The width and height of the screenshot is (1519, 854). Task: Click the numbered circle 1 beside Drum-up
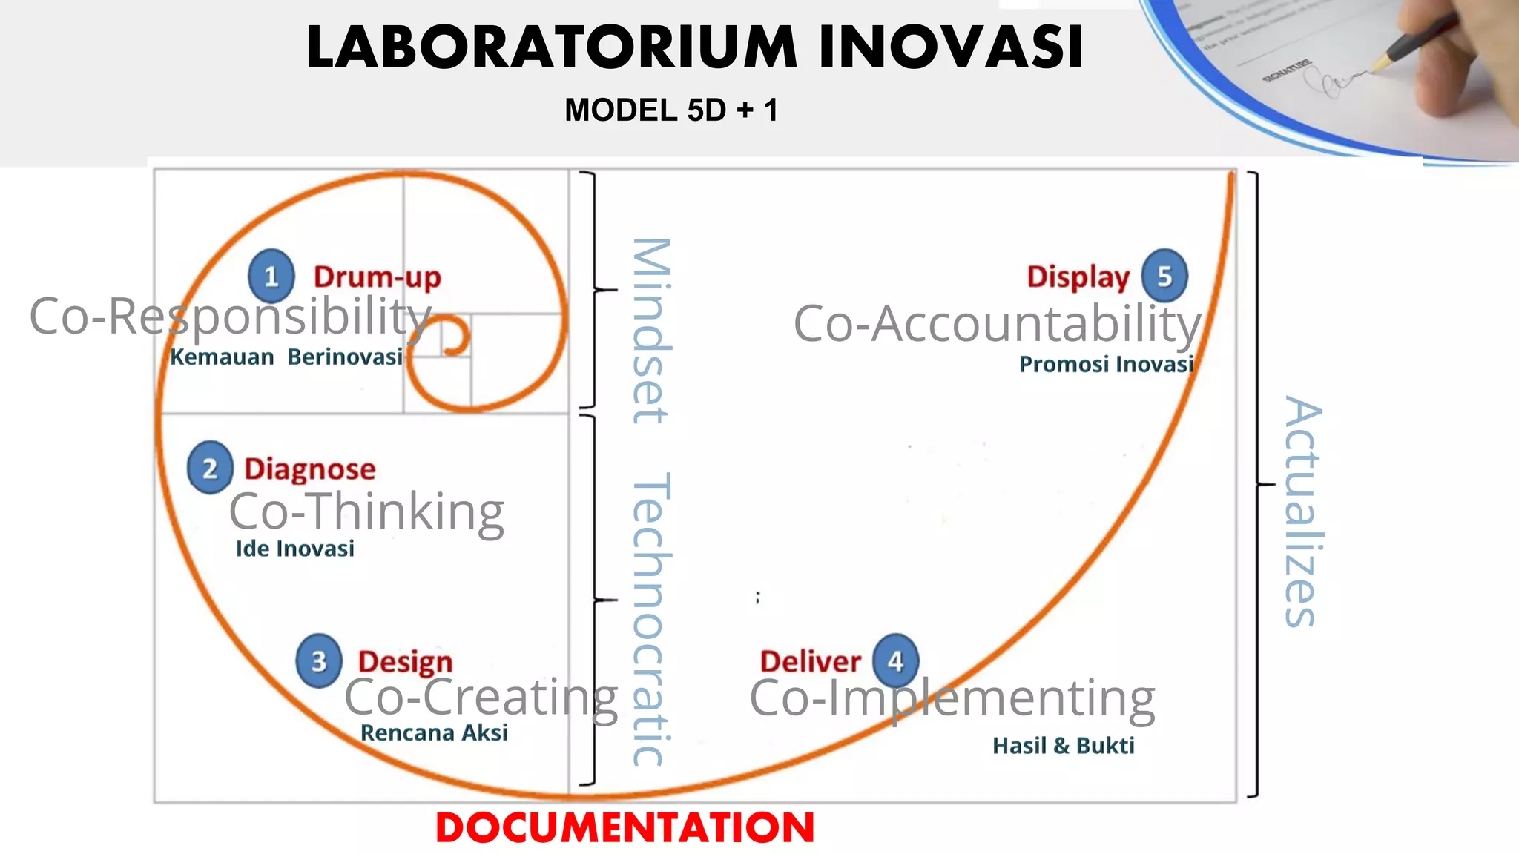pyautogui.click(x=271, y=276)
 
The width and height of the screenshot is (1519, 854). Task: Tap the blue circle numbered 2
pyautogui.click(x=210, y=468)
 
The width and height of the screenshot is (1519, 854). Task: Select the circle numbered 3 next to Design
pyautogui.click(x=319, y=661)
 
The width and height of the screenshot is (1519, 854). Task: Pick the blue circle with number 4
pyautogui.click(x=895, y=660)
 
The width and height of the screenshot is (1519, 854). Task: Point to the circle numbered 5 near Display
pyautogui.click(x=1164, y=276)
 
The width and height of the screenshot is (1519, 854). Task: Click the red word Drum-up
pyautogui.click(x=377, y=277)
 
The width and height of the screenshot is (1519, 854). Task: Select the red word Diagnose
pyautogui.click(x=310, y=469)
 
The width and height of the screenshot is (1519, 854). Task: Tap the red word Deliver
pyautogui.click(x=810, y=661)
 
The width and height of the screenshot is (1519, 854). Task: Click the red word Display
pyautogui.click(x=1078, y=277)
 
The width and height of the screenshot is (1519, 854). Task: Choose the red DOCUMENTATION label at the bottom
pyautogui.click(x=625, y=827)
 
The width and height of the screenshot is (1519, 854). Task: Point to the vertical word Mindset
pyautogui.click(x=651, y=331)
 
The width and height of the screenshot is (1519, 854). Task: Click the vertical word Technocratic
pyautogui.click(x=651, y=619)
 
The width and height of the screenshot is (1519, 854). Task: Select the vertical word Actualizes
pyautogui.click(x=1302, y=512)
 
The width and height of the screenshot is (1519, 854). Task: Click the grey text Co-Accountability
pyautogui.click(x=997, y=324)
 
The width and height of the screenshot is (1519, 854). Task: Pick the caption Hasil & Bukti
pyautogui.click(x=1064, y=745)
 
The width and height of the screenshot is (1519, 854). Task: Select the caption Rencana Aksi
pyautogui.click(x=434, y=732)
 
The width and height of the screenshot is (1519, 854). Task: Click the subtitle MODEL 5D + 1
pyautogui.click(x=671, y=110)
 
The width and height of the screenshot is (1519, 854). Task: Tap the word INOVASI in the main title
pyautogui.click(x=951, y=47)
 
